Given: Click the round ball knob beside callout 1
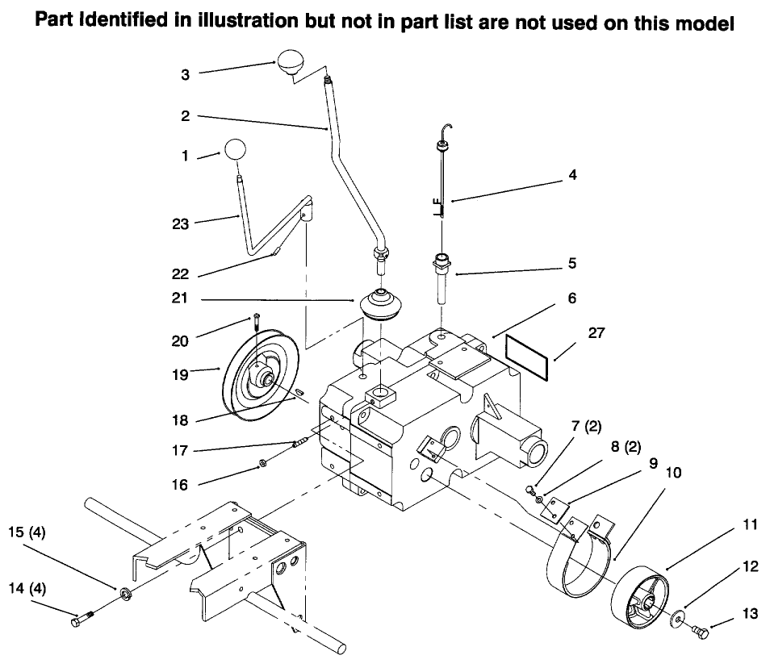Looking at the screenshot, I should [x=234, y=150].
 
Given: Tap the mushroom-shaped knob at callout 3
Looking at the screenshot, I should [x=289, y=61].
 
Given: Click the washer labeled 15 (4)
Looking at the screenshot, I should [x=126, y=595].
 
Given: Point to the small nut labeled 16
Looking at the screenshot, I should [x=262, y=464].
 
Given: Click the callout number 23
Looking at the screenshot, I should [x=180, y=224].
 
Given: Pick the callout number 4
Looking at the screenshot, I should [x=572, y=174].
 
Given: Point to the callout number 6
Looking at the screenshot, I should [x=571, y=298].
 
